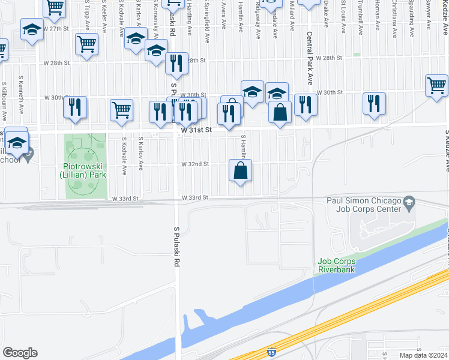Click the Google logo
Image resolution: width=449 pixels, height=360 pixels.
[20, 353]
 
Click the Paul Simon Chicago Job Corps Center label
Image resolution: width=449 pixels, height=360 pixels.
[363, 205]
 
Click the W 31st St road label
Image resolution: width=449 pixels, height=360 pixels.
[194, 129]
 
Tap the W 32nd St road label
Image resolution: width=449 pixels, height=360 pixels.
[194, 163]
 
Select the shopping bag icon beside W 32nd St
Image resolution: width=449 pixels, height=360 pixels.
[240, 170]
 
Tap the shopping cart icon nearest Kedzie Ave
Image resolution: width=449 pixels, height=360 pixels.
[437, 85]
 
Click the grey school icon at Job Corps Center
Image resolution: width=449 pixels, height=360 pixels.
[409, 201]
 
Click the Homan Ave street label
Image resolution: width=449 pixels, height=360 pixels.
[378, 18]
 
